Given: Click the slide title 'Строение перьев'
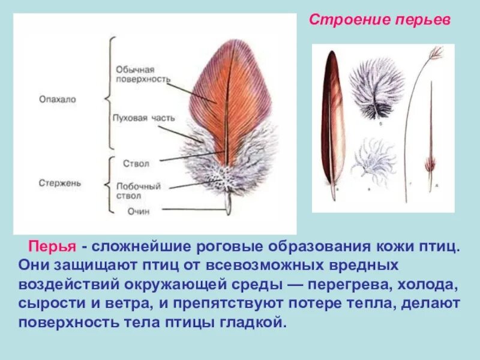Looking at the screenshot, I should pos(379,20).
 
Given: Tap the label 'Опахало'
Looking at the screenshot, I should pos(58,100).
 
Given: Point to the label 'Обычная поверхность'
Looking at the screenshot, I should pos(142,74).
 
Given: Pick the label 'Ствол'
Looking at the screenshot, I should pos(136,163).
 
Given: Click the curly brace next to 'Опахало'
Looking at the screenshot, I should pos(109,93).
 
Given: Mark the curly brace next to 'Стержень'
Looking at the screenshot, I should pos(109,184).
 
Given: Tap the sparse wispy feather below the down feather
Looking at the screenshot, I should pos(375,162).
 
